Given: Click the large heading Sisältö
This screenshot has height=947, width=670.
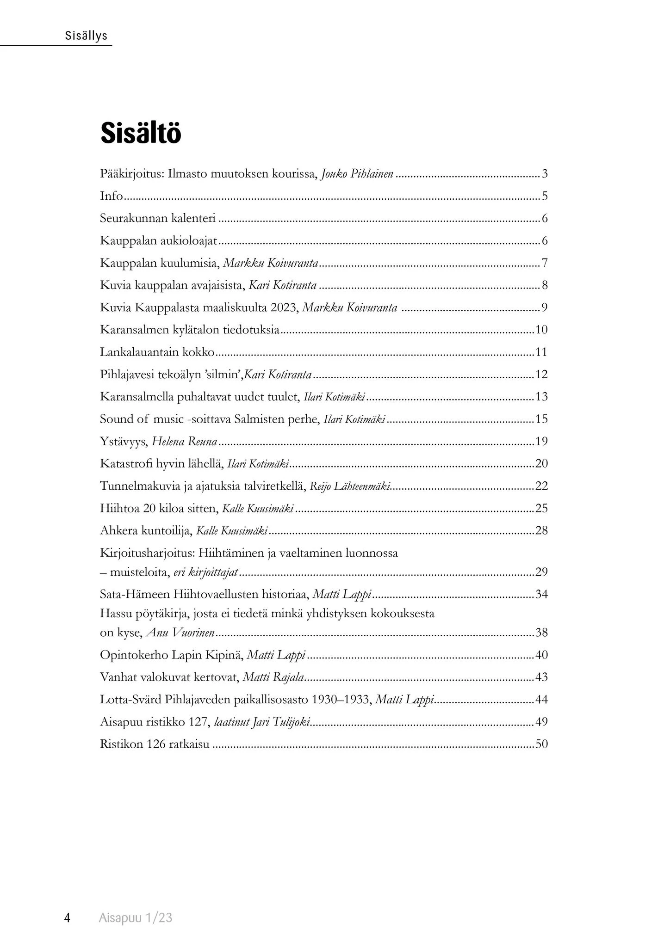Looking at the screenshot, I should tap(141, 134).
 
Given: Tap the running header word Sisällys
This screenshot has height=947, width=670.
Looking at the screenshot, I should tap(86, 36).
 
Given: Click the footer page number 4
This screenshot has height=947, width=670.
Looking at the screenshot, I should tap(67, 917).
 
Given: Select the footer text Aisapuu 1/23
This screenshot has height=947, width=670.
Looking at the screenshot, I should tap(135, 917).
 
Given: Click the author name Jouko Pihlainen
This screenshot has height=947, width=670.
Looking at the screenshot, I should tap(357, 174).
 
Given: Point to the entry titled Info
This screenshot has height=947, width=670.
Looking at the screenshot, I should tap(111, 196).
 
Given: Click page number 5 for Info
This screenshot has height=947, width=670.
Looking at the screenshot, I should tap(545, 196).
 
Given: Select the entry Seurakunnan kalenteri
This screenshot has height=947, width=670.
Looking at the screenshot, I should tap(158, 218).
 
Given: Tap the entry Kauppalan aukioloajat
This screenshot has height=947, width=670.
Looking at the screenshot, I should tap(159, 240).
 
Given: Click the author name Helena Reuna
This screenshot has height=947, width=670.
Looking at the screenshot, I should tap(185, 442).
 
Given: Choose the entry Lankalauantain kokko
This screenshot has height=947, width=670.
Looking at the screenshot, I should tap(157, 352).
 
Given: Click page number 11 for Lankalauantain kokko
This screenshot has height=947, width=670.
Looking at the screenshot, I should tap(541, 352).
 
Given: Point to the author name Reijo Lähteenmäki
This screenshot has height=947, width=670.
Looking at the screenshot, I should tap(349, 486).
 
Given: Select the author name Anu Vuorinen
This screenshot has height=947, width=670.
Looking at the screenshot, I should tap(180, 633).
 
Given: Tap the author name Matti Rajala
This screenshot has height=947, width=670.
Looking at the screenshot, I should tap(273, 677).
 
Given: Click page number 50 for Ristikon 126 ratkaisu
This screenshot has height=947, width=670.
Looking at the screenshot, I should tap(541, 744).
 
